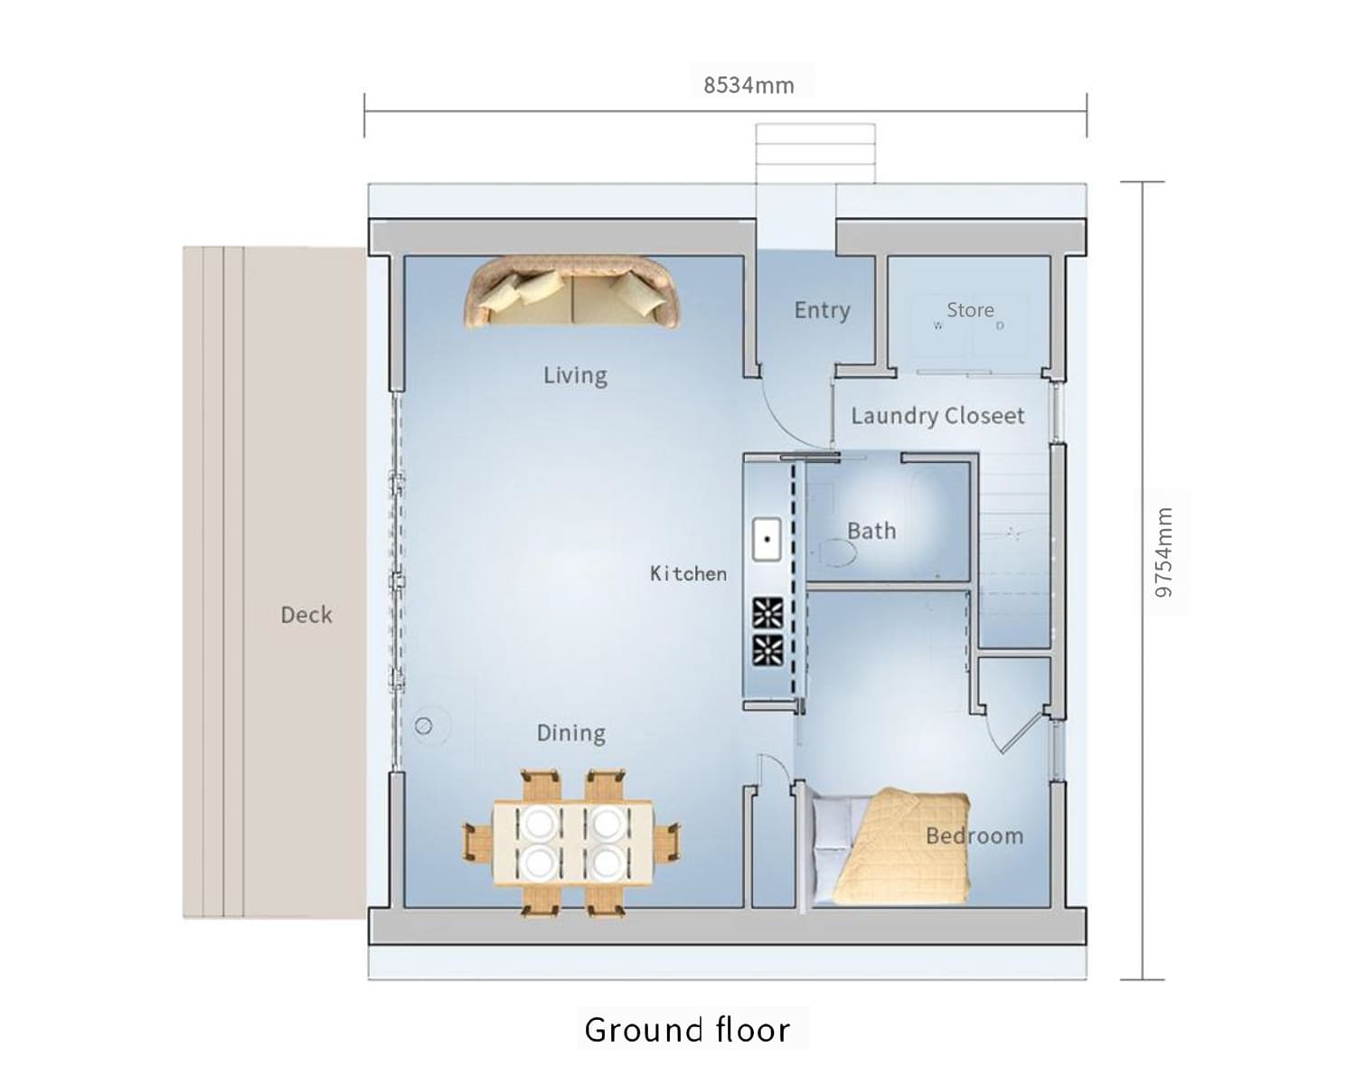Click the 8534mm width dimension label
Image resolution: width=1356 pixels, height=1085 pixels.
[749, 85]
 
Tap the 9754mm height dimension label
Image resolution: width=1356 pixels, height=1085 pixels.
[1163, 552]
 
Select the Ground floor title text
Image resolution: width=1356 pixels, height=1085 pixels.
[687, 1030]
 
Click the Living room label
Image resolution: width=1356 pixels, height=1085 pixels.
[575, 376]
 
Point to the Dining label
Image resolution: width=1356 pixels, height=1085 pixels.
[571, 733]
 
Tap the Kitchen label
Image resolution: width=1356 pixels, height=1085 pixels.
[688, 574]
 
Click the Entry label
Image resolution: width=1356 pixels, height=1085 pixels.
[822, 310]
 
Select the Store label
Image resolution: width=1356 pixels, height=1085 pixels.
[970, 309]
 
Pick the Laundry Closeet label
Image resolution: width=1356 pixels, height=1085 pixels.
[937, 416]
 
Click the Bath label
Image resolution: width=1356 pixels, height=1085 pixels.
[871, 531]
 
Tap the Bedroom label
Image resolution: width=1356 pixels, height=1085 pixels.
[975, 836]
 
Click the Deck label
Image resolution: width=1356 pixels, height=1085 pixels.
[306, 615]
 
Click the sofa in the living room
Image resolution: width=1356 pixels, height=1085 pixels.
[573, 292]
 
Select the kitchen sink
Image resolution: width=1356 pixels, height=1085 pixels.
[767, 539]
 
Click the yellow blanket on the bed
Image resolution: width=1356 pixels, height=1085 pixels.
[904, 846]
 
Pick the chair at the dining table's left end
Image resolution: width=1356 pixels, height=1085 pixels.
[478, 842]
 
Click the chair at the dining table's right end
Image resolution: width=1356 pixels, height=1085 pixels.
[666, 842]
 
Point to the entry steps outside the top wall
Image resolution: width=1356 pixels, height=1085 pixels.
[815, 153]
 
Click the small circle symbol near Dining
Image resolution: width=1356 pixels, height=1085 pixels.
[423, 727]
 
